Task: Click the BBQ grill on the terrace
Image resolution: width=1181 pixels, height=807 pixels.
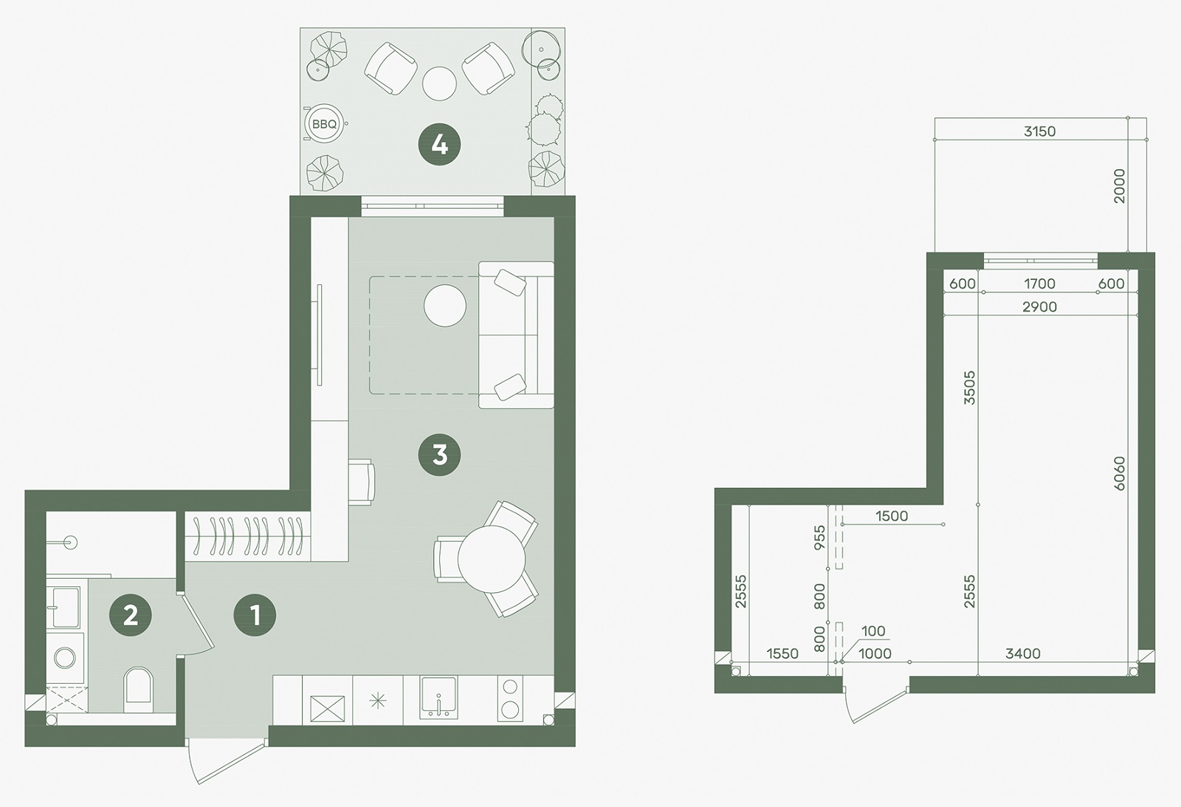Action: (324, 124)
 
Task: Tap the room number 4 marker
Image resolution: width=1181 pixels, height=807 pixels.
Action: (439, 145)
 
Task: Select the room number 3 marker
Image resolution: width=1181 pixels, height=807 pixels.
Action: (439, 455)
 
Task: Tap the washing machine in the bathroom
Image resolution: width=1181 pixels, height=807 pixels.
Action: (66, 658)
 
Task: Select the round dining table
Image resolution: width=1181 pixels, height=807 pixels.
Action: (492, 559)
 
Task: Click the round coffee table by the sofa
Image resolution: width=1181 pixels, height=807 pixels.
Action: (445, 306)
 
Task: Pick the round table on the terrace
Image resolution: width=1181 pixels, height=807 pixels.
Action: (439, 83)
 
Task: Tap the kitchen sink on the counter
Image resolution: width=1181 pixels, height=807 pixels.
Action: (438, 697)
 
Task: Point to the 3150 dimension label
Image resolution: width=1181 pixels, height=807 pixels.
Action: (1040, 131)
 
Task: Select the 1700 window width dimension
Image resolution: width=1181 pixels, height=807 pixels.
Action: (1040, 284)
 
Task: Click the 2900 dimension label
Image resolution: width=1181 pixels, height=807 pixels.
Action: (1040, 306)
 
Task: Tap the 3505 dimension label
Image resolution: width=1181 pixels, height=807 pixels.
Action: (969, 388)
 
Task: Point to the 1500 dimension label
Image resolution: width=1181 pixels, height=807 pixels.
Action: (892, 516)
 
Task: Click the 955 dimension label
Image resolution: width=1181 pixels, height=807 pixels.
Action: (819, 538)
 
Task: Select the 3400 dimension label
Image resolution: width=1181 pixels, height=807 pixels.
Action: (1023, 653)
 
